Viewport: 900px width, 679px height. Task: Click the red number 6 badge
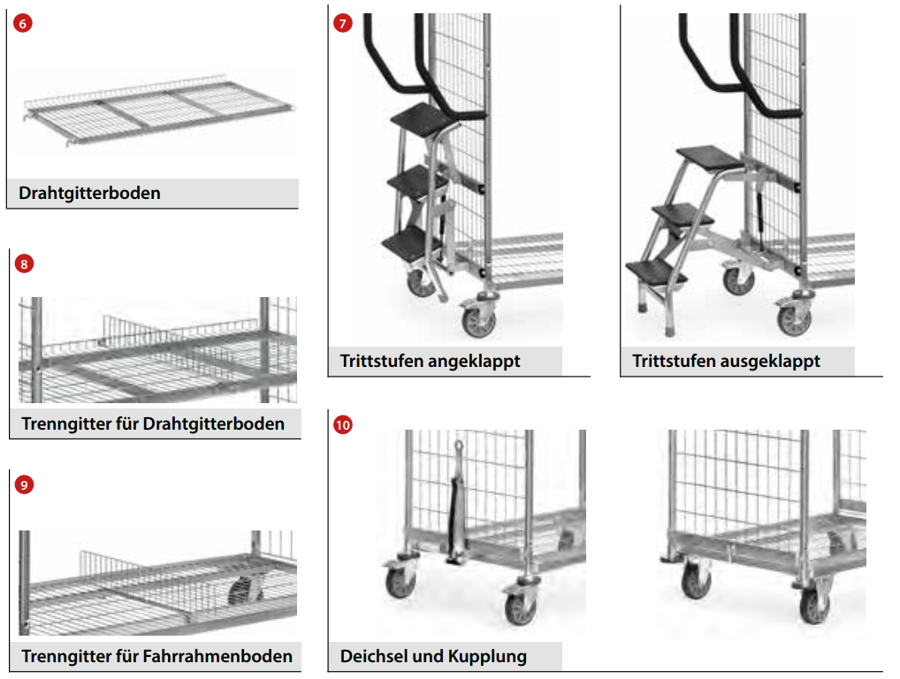tap(24, 24)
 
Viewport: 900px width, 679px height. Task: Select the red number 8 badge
tap(24, 263)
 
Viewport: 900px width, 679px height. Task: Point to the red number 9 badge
tap(24, 484)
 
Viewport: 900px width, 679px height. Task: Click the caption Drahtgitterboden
tap(89, 193)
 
